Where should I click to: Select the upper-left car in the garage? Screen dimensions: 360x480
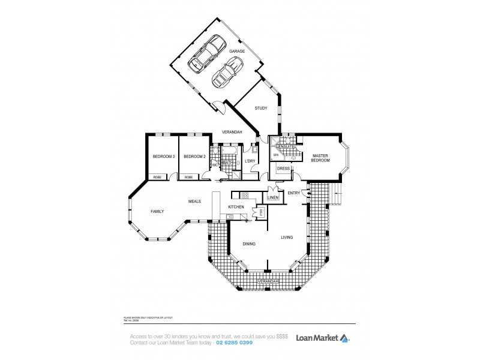tap(205, 53)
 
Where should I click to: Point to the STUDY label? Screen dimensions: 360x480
tap(260, 109)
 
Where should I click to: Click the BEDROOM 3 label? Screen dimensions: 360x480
tap(163, 157)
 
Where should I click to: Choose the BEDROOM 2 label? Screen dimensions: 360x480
tap(195, 157)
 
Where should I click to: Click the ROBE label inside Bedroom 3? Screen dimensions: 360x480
tap(157, 177)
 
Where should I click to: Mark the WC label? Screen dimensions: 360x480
tap(214, 165)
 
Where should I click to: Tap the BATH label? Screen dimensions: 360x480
tap(227, 163)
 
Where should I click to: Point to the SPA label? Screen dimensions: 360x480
tap(277, 155)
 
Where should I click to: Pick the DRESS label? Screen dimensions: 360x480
tap(284, 169)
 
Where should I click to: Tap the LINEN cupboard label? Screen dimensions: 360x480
tap(273, 197)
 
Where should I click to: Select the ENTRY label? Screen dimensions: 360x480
tap(294, 193)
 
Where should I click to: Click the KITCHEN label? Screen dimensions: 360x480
tap(235, 207)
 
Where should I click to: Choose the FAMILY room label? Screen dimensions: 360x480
tap(157, 211)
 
